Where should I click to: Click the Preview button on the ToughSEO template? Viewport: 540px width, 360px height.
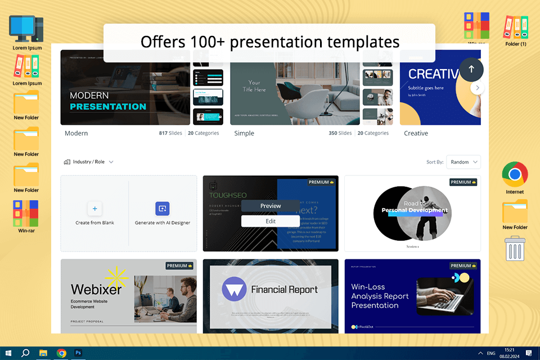pos(271,206)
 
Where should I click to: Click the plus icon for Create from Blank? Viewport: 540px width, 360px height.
pos(94,209)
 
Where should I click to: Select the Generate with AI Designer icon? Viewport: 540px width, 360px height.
pos(163,209)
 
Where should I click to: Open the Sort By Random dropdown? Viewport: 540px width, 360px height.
pos(463,162)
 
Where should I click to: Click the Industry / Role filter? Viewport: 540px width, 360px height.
pos(89,162)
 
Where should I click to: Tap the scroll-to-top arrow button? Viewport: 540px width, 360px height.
pos(471,69)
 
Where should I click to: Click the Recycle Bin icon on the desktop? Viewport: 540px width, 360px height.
pos(515,249)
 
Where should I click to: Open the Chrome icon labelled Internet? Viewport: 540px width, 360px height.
pos(515,175)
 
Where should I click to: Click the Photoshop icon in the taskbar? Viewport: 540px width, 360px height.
pos(79,353)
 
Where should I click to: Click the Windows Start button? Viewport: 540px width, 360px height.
pos(8,353)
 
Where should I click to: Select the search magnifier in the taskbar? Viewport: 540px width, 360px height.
pos(25,353)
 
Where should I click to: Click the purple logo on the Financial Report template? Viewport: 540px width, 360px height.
pos(233,289)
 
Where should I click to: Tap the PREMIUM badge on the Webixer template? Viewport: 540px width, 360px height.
pos(180,265)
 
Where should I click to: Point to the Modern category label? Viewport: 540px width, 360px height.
pos(76,133)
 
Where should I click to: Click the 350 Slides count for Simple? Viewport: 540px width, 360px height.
pos(340,133)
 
